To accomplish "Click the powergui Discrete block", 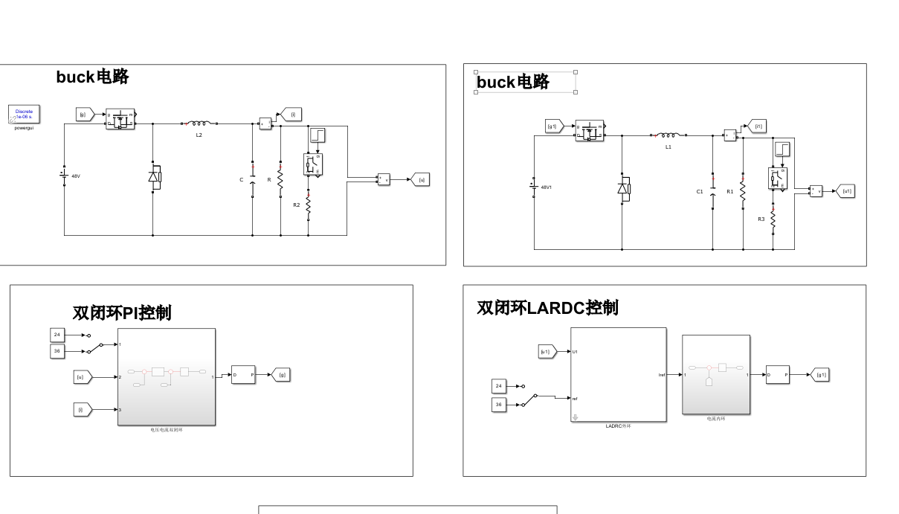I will pyautogui.click(x=24, y=115).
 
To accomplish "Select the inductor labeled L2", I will pyautogui.click(x=199, y=124).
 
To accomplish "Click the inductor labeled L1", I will pyautogui.click(x=668, y=135).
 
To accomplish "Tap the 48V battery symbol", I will pyautogui.click(x=64, y=176).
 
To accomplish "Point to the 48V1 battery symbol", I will pyautogui.click(x=534, y=187).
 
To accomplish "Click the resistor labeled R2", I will pyautogui.click(x=308, y=204).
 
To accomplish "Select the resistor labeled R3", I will pyautogui.click(x=773, y=219).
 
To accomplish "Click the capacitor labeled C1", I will pyautogui.click(x=712, y=191).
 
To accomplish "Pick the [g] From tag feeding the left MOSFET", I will pyautogui.click(x=84, y=115).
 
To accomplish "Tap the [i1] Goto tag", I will pyautogui.click(x=756, y=126).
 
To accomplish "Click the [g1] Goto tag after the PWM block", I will pyautogui.click(x=819, y=375).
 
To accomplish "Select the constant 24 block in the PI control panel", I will pyautogui.click(x=57, y=335).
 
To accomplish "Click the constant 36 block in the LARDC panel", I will pyautogui.click(x=499, y=405).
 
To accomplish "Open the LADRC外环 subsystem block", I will pyautogui.click(x=618, y=375).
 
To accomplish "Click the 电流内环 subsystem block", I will pyautogui.click(x=716, y=374).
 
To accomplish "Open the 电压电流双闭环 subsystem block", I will pyautogui.click(x=167, y=376).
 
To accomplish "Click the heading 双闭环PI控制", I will pyautogui.click(x=122, y=312).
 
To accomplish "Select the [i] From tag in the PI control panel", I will pyautogui.click(x=83, y=409).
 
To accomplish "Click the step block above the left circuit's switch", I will pyautogui.click(x=318, y=135).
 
